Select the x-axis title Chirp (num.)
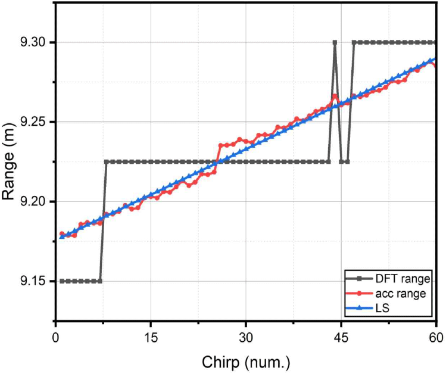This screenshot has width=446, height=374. coord(245,361)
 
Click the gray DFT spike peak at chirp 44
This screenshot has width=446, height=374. coord(335,42)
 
